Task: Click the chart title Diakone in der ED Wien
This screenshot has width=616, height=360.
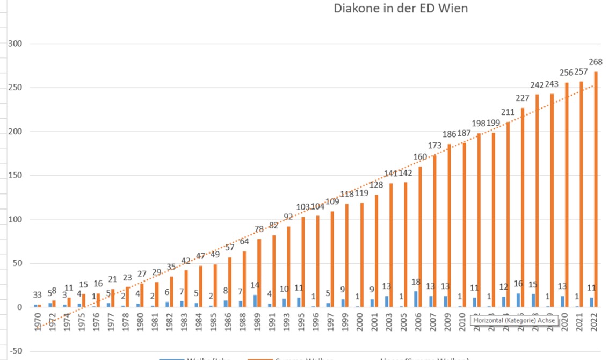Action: point(401,9)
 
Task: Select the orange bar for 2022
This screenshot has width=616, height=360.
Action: point(596,189)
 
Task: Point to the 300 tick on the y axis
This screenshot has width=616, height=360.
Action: point(15,44)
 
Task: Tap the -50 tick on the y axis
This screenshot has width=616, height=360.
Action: point(14,351)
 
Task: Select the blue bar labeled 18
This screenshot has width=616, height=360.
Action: point(416,299)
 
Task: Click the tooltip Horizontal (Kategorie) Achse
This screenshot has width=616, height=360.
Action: point(513,321)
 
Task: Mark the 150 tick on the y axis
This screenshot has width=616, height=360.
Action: point(15,176)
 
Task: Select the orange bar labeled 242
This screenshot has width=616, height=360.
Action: point(537,200)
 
